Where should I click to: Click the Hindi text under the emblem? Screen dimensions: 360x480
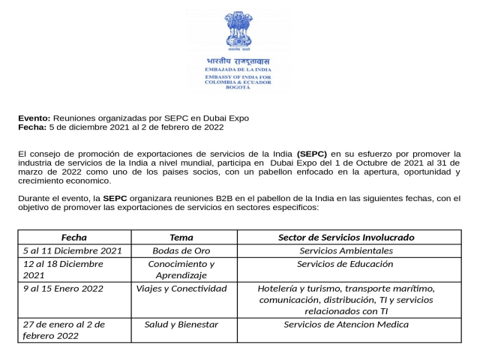(238, 61)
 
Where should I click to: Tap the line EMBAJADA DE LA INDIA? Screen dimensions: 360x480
(238, 70)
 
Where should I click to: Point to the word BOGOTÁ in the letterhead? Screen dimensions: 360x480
(238, 89)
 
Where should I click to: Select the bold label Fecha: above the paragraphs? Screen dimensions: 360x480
(32, 127)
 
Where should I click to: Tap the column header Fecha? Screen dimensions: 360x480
(73, 237)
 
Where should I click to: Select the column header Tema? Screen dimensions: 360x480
(181, 237)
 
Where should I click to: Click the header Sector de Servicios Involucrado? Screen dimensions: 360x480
(346, 237)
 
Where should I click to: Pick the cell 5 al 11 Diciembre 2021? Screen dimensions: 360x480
(72, 250)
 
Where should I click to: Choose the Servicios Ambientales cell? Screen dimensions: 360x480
(346, 250)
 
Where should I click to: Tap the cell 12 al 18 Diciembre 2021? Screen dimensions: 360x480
(63, 269)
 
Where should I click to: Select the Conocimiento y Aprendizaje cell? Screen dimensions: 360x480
(181, 269)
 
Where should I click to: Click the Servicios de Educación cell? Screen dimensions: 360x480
(346, 264)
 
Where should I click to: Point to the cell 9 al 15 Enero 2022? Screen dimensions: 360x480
(63, 288)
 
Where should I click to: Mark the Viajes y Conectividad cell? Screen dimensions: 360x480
(181, 288)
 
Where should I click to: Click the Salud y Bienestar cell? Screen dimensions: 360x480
(181, 324)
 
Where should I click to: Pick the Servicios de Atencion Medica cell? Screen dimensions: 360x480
(346, 324)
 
